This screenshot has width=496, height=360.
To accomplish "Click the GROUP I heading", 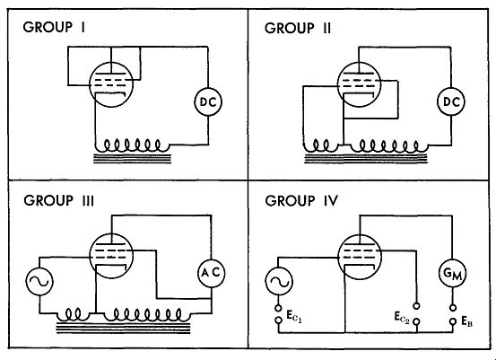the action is (54, 27).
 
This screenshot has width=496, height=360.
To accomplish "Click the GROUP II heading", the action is (298, 28).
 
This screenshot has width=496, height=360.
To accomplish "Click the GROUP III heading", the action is (59, 200).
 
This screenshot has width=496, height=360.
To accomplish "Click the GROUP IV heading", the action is (301, 201).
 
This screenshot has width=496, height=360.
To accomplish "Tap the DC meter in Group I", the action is (208, 101).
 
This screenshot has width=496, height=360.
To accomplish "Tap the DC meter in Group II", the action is (451, 101).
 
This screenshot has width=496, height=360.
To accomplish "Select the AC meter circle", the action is (211, 273).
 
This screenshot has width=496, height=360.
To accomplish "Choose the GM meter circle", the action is (453, 274).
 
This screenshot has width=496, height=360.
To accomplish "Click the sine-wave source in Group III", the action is (39, 282).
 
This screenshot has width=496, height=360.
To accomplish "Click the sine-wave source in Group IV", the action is (279, 282).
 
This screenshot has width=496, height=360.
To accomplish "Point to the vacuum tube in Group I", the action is (111, 84).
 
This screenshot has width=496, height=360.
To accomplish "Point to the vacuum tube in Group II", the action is (359, 84).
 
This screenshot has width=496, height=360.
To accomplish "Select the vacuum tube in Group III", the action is (111, 256).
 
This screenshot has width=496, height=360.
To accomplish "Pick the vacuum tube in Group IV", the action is (360, 257).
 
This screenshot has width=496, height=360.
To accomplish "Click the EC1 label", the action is (294, 316).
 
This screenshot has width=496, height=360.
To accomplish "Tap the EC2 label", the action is (402, 318).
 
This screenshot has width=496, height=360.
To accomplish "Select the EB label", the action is (467, 321).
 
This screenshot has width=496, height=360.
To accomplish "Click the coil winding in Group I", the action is (133, 145).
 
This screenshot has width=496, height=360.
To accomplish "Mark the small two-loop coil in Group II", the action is (321, 145).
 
